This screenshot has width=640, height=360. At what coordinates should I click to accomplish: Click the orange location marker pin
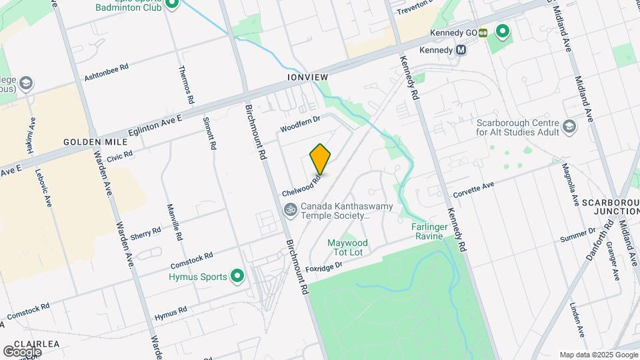pyautogui.click(x=321, y=159)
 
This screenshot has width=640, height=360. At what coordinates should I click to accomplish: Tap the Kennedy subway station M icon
pyautogui.click(x=461, y=50)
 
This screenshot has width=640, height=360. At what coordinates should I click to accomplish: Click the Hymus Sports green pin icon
pyautogui.click(x=237, y=275)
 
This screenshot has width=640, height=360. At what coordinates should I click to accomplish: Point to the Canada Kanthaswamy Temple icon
pyautogui.click(x=290, y=210)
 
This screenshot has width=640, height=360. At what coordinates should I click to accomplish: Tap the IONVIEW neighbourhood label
pyautogui.click(x=307, y=77)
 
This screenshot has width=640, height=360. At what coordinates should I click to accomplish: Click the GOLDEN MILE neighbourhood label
pyautogui.click(x=90, y=142)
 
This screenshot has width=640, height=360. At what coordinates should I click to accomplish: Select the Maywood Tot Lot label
pyautogui.click(x=345, y=247)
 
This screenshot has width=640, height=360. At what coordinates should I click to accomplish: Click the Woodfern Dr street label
pyautogui.click(x=301, y=123)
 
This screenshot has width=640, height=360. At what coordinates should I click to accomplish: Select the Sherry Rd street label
pyautogui.click(x=146, y=234)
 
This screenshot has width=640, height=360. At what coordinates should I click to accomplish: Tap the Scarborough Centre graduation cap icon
pyautogui.click(x=569, y=127)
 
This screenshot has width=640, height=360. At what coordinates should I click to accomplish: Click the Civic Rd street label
pyautogui.click(x=119, y=155)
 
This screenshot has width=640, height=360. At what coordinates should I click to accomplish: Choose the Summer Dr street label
pyautogui.click(x=577, y=235)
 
